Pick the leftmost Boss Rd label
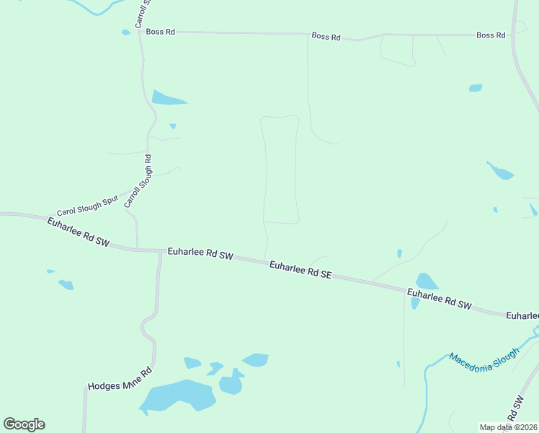coord(160,32)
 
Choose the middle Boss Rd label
coord(326,36)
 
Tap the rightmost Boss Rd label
coord(491,35)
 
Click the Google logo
coord(24,424)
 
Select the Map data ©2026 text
coord(508,427)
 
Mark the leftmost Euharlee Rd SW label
coord(78,232)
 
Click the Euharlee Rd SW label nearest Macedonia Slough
coord(439,299)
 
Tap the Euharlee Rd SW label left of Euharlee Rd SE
coord(201,253)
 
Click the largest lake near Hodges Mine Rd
coord(177,396)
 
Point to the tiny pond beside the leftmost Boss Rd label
coord(126,32)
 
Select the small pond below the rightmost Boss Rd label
coord(475,88)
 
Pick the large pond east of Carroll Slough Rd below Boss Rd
coord(167,98)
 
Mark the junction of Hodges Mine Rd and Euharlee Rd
coord(159,252)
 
